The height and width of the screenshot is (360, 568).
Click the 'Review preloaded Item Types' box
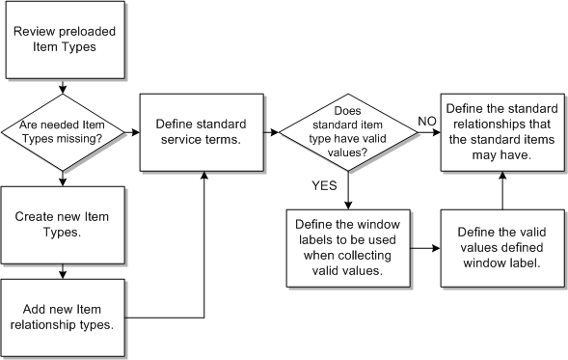(63, 40)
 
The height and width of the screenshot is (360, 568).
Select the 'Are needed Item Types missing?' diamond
(63, 130)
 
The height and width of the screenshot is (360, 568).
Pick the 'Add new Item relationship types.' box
(63, 315)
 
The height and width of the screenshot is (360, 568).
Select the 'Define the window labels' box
(345, 246)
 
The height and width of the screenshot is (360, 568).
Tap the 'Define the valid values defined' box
(501, 246)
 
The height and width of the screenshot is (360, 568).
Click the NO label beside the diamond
(427, 119)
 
